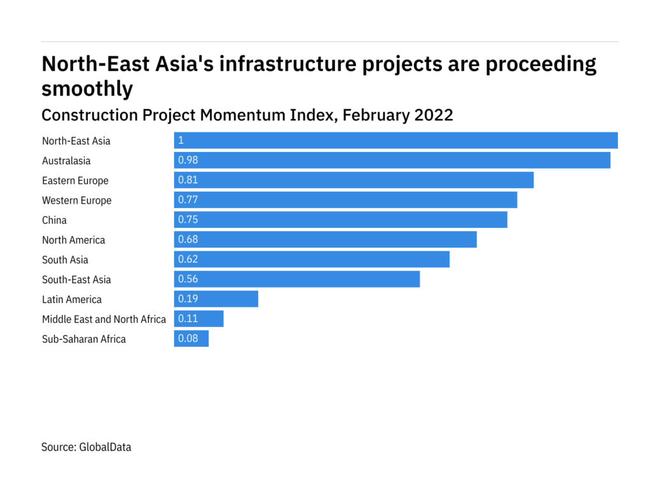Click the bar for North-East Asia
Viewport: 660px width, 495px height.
coord(395,141)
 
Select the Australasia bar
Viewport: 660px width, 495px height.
coord(392,160)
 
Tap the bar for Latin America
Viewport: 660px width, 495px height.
coord(216,299)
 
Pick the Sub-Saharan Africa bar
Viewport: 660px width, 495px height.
coord(191,338)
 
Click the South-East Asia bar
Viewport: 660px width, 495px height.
coord(297,279)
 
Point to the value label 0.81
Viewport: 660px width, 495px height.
coord(188,180)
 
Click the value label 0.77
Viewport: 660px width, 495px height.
coord(188,200)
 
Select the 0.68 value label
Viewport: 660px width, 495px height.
coord(188,239)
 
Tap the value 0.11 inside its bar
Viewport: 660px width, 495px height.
coord(188,319)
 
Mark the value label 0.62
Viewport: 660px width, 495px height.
coord(188,260)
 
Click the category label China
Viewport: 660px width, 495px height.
coord(54,220)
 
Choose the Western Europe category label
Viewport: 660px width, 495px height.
coord(76,200)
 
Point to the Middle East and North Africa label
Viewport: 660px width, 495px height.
coord(104,319)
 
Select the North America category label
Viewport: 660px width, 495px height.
coord(73,240)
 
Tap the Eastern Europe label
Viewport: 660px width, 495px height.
coord(75,181)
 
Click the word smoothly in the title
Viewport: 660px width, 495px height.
coord(87,88)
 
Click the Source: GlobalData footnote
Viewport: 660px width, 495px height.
coord(86,447)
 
